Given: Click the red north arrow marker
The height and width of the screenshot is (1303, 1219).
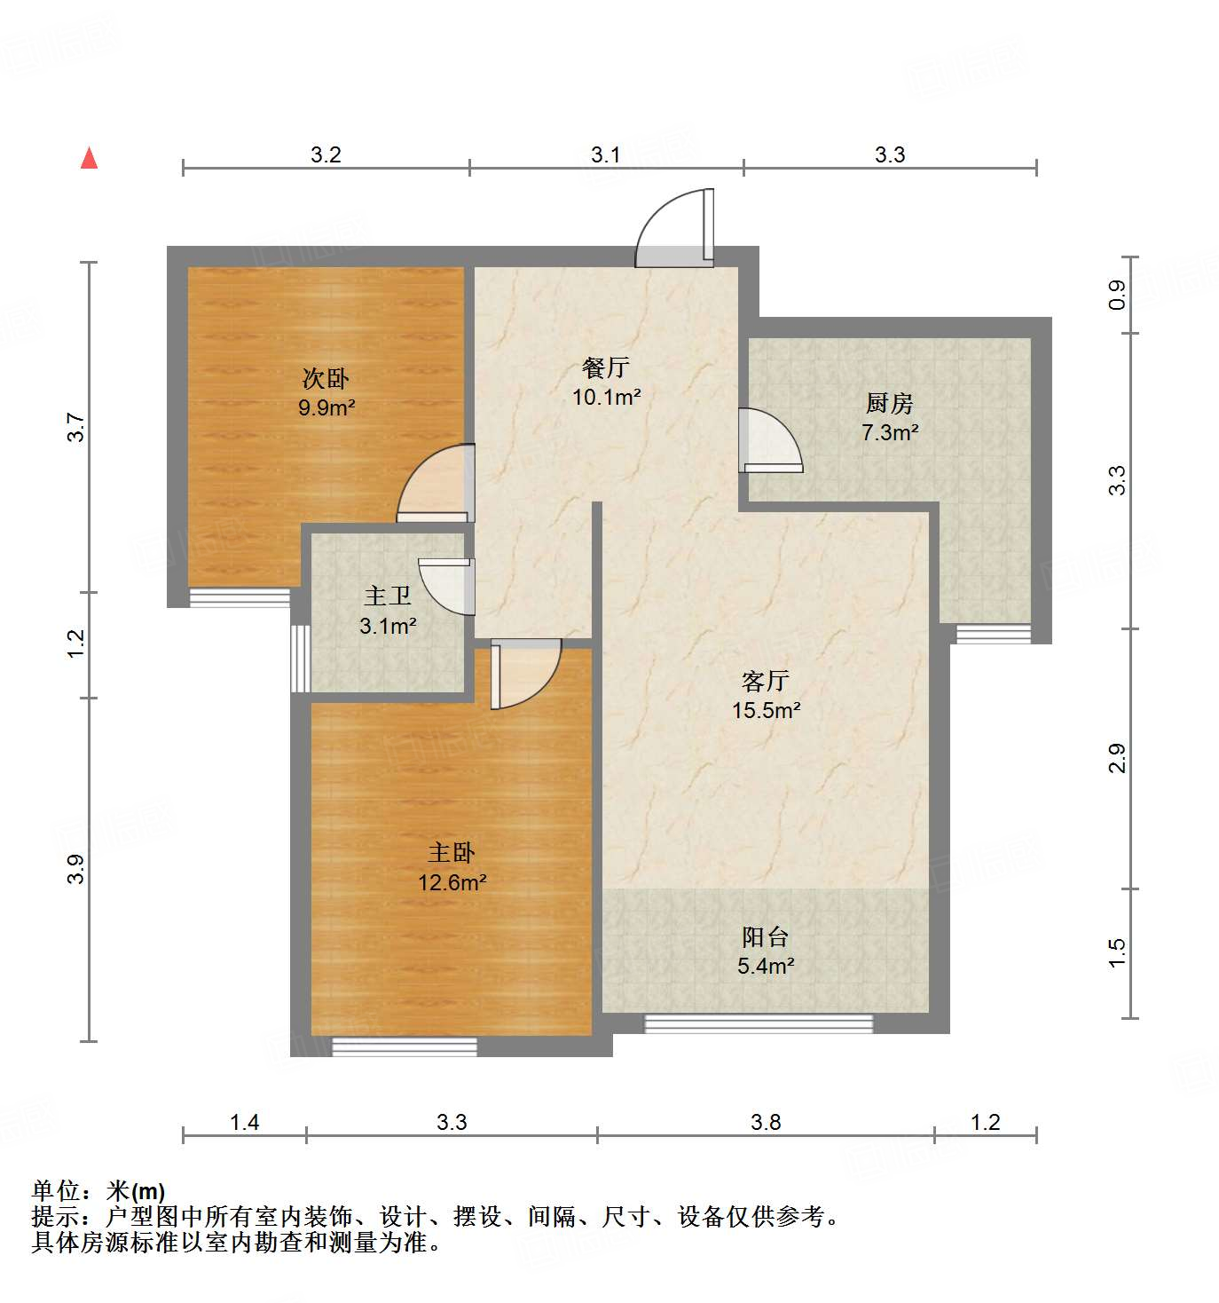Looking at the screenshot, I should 89,158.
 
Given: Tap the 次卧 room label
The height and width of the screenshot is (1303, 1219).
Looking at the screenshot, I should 326,379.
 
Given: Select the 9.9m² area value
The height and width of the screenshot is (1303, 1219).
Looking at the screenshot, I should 326,408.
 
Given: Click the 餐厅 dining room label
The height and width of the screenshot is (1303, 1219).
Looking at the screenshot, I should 606,367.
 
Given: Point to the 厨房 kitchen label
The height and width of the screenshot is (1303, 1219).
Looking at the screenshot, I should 889,404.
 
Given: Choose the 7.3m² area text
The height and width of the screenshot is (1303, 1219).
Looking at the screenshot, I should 890,433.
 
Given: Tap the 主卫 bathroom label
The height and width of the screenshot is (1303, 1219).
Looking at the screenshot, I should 388,596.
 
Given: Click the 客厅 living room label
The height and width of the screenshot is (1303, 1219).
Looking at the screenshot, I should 765,681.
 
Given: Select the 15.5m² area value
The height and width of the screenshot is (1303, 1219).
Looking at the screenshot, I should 766,710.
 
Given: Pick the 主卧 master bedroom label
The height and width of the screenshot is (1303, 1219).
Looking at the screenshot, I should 452,853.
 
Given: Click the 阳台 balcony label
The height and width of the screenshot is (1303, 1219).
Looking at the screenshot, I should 765,936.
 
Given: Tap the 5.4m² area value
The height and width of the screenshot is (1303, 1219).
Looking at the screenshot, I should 766,966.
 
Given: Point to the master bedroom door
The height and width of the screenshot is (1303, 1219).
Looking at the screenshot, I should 525,673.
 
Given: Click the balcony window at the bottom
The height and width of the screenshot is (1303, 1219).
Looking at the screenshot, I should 759,1023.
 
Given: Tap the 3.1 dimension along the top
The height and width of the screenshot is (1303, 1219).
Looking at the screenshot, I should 606,155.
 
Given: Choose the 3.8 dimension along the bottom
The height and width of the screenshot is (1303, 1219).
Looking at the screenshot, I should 766,1123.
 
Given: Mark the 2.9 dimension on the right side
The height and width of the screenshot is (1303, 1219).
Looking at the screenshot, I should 1117,759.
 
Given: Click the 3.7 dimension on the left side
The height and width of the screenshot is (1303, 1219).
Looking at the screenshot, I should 78,428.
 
